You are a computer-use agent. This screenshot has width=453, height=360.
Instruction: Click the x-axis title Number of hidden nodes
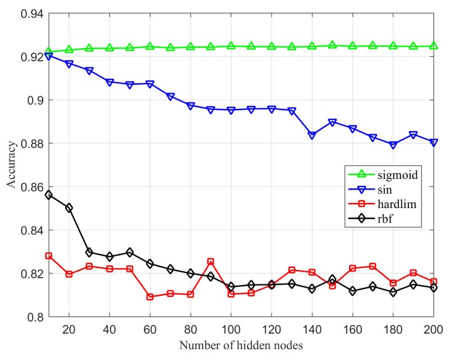tap(240, 346)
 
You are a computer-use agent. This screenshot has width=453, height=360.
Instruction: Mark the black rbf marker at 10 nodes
tap(49, 195)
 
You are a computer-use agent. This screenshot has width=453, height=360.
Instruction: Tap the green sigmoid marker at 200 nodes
tap(433, 46)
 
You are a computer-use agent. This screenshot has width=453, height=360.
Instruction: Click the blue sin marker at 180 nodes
tap(393, 145)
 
